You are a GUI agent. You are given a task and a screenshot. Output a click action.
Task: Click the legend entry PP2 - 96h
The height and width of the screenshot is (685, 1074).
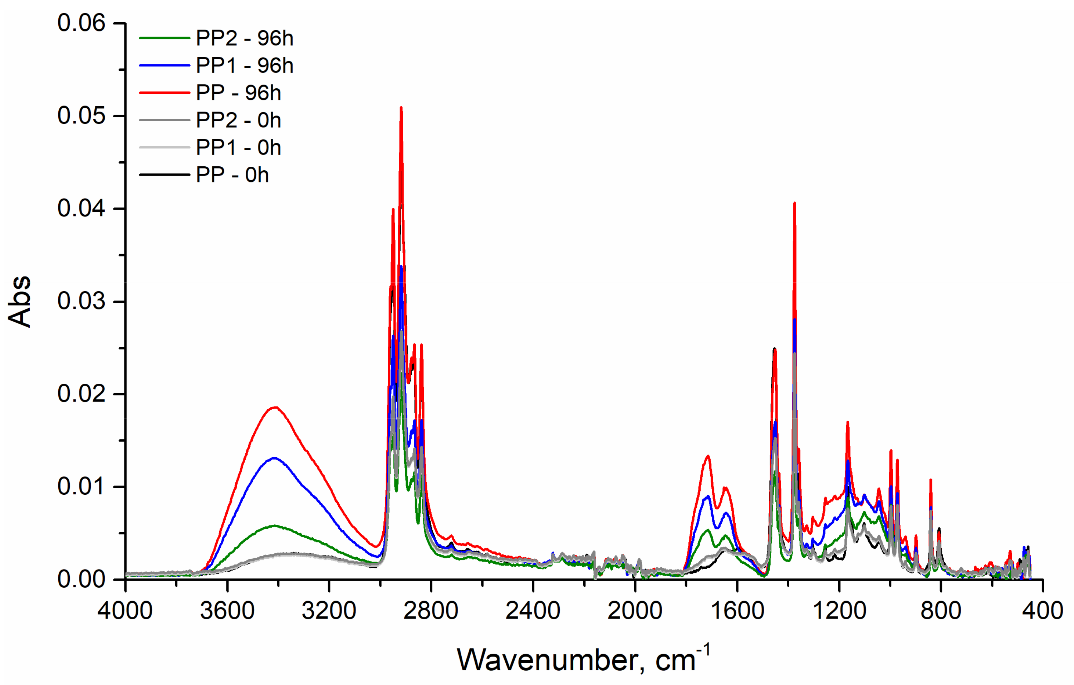click(244, 38)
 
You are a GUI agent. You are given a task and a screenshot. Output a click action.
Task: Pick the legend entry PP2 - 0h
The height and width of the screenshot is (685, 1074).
click(238, 121)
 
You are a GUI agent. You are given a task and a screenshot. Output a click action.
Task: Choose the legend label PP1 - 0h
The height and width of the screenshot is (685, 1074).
click(238, 148)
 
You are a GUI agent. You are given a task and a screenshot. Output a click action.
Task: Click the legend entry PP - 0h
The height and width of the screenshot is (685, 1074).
click(232, 175)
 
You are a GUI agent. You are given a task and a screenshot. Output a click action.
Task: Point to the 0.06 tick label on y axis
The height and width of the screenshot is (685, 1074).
click(81, 23)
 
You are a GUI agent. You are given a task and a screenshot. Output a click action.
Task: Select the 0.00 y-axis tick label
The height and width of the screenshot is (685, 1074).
click(81, 579)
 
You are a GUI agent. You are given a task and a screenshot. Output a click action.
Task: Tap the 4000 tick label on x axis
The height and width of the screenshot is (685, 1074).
click(125, 611)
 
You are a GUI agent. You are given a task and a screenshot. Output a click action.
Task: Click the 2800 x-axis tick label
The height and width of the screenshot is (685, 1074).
click(431, 611)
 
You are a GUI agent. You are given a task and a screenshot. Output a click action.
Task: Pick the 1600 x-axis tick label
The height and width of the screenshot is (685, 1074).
click(737, 611)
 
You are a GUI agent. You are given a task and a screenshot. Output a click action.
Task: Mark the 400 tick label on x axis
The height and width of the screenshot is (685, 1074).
click(1042, 611)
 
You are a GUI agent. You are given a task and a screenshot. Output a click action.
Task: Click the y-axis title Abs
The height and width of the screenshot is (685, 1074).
click(20, 302)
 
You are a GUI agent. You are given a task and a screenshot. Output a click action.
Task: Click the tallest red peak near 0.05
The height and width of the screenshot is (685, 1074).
click(401, 108)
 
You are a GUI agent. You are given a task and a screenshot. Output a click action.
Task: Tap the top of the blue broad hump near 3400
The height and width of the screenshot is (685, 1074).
click(274, 458)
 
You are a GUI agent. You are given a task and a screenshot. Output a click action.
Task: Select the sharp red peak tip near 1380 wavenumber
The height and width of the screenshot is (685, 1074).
click(794, 204)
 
